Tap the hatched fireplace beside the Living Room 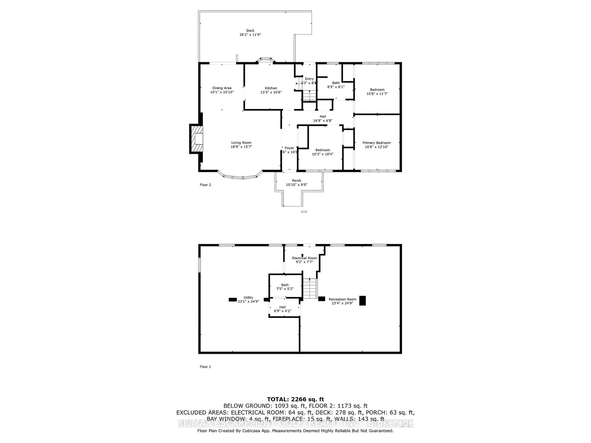196,139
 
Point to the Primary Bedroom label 376,143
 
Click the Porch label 297,181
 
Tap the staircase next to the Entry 309,95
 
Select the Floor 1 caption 205,367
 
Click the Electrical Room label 304,258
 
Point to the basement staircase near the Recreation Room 310,288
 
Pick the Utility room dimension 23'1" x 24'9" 248,301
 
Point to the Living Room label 241,143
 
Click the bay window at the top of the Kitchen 266,60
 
